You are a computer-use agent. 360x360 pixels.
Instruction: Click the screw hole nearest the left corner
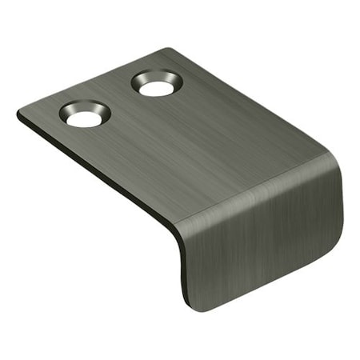click(84, 116)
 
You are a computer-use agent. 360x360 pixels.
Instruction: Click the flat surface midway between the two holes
click(120, 100)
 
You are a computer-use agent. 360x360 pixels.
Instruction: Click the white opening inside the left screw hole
click(82, 119)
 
